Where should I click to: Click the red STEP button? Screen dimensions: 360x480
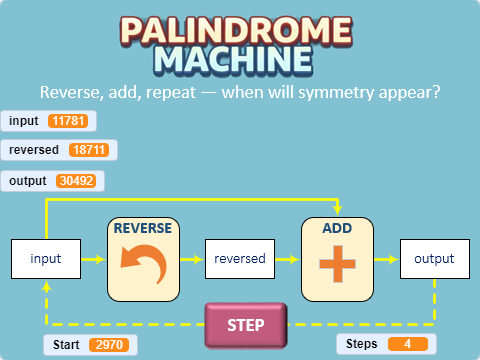pos(245,325)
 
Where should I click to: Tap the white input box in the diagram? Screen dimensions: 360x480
pos(46,259)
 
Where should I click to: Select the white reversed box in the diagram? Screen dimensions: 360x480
pos(240,259)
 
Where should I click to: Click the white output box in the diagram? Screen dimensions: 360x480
pos(434,259)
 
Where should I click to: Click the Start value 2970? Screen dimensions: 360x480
pos(109,345)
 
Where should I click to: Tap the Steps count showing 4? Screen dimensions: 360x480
pos(408,344)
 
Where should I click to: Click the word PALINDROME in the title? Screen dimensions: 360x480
pos(240,30)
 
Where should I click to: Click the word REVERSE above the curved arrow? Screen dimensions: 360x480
pos(142,228)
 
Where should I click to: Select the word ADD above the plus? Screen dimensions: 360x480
pos(337,228)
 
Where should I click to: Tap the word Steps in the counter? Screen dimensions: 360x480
pos(361,344)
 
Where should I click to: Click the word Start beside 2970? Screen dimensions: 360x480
pos(66,345)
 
